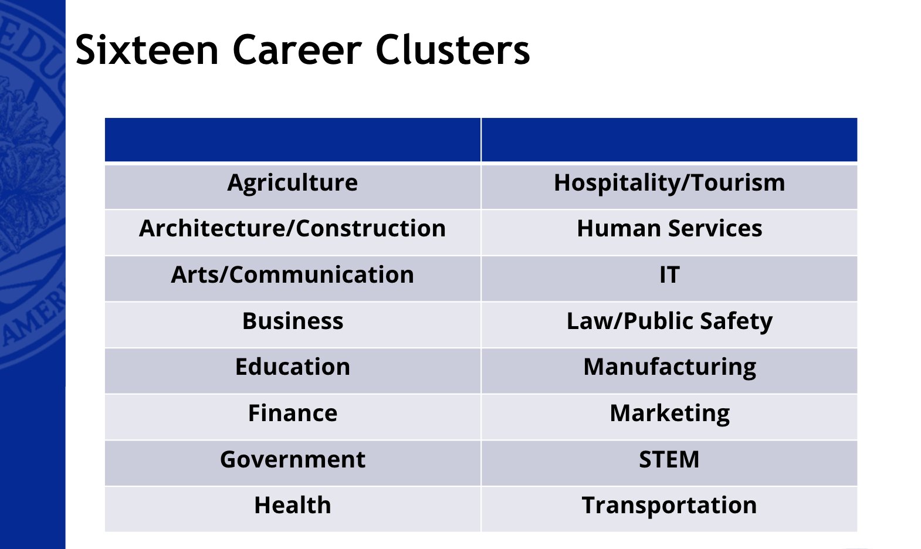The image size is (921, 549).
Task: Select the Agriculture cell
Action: tap(292, 183)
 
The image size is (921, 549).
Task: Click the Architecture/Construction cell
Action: tap(292, 229)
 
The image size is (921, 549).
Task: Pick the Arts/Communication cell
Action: tap(292, 275)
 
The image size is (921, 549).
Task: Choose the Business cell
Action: tap(292, 321)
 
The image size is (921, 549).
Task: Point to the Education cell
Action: tap(292, 367)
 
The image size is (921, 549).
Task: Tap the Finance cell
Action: tap(292, 414)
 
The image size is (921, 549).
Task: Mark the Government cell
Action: tap(292, 460)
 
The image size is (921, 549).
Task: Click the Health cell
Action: tap(292, 506)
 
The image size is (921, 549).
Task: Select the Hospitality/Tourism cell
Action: tap(669, 183)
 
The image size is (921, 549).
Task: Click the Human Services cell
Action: tap(669, 229)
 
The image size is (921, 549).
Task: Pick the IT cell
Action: tap(669, 275)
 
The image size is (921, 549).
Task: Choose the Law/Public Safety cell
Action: tap(669, 321)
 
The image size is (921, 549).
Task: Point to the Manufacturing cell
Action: tap(669, 367)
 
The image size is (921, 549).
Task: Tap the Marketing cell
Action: tap(669, 414)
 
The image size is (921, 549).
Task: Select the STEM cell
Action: tap(669, 460)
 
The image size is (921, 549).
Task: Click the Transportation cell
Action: tap(669, 506)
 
